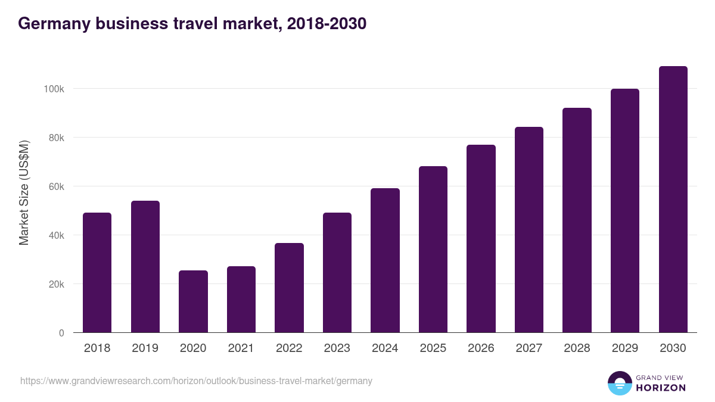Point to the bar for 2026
[x=481, y=239]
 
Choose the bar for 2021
[x=241, y=300]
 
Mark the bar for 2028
[x=577, y=220]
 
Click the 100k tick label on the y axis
[x=54, y=89]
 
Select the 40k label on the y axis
[x=56, y=235]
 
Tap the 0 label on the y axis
[x=61, y=333]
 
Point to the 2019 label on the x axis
[x=145, y=348]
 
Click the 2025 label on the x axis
[x=433, y=348]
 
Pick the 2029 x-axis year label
[x=624, y=348]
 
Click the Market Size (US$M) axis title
[x=24, y=192]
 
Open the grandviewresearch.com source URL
[x=196, y=381]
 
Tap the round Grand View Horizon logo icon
[x=619, y=383]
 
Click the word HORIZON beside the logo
[x=661, y=388]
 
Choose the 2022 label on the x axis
[x=289, y=348]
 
